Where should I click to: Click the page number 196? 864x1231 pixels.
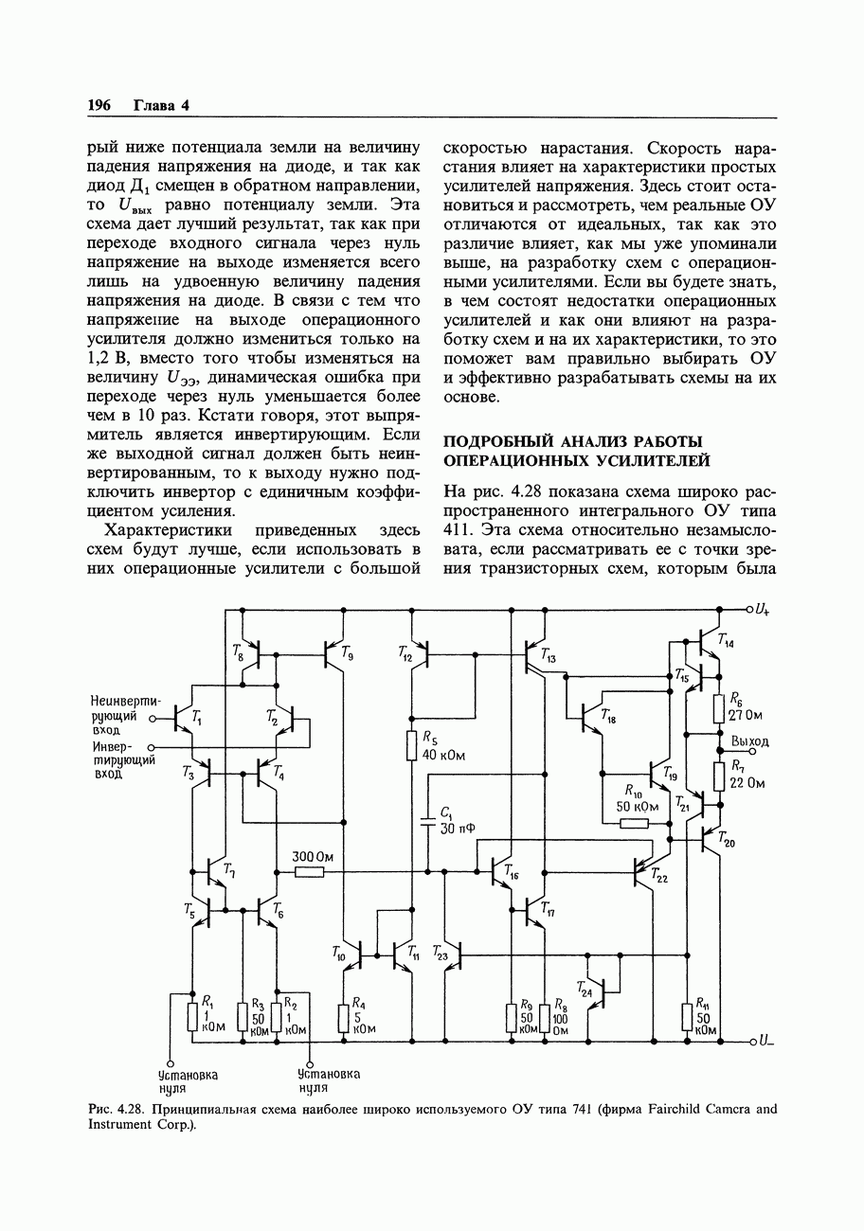pyautogui.click(x=99, y=105)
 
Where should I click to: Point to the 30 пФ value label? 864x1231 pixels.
pyautogui.click(x=458, y=829)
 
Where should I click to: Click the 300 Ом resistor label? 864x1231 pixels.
pyautogui.click(x=313, y=856)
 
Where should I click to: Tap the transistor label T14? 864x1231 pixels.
pyautogui.click(x=725, y=641)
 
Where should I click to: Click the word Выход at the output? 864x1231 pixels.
pyautogui.click(x=749, y=740)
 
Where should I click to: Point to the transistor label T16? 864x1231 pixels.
pyautogui.click(x=512, y=872)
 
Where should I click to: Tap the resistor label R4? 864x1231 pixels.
pyautogui.click(x=359, y=1003)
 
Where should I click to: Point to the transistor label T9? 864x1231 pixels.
pyautogui.click(x=348, y=651)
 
